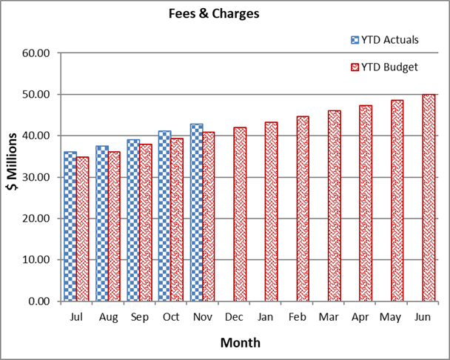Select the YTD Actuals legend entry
(x=383, y=39)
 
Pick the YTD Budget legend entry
(x=383, y=67)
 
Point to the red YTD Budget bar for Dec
(x=240, y=214)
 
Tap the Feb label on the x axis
(x=297, y=317)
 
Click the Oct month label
(x=171, y=317)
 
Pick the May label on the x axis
(x=391, y=317)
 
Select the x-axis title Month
(x=240, y=343)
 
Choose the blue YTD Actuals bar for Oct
(x=164, y=216)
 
